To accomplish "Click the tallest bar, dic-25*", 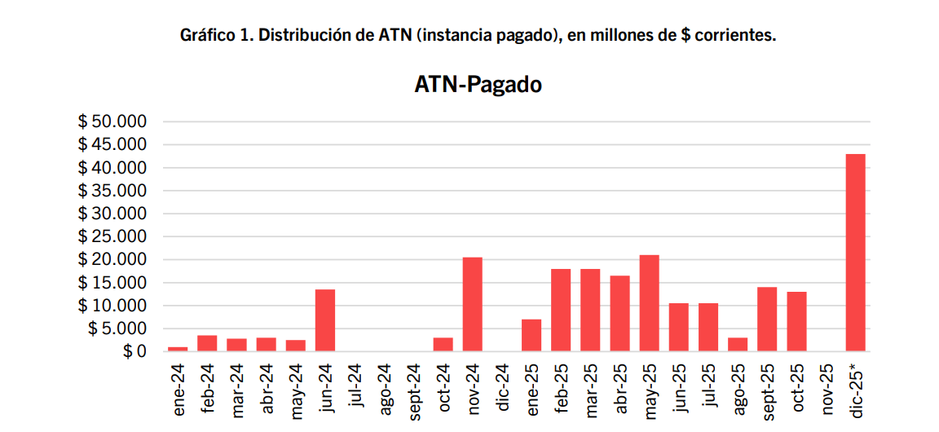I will tap(855, 253).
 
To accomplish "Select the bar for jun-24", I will tap(325, 320).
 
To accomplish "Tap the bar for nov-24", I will tap(473, 304).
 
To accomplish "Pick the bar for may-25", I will tap(649, 303).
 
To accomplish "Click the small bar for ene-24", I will tap(178, 349).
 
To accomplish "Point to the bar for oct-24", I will tap(443, 344).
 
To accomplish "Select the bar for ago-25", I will tap(737, 344).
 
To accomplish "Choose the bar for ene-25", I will tap(531, 335).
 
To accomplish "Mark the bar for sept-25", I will tap(767, 319).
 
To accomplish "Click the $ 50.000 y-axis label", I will tap(112, 121).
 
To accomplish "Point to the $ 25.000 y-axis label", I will tap(112, 236).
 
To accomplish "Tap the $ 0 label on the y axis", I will tap(130, 351).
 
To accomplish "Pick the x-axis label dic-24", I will tap(503, 390).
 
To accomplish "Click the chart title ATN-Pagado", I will tap(478, 84).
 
